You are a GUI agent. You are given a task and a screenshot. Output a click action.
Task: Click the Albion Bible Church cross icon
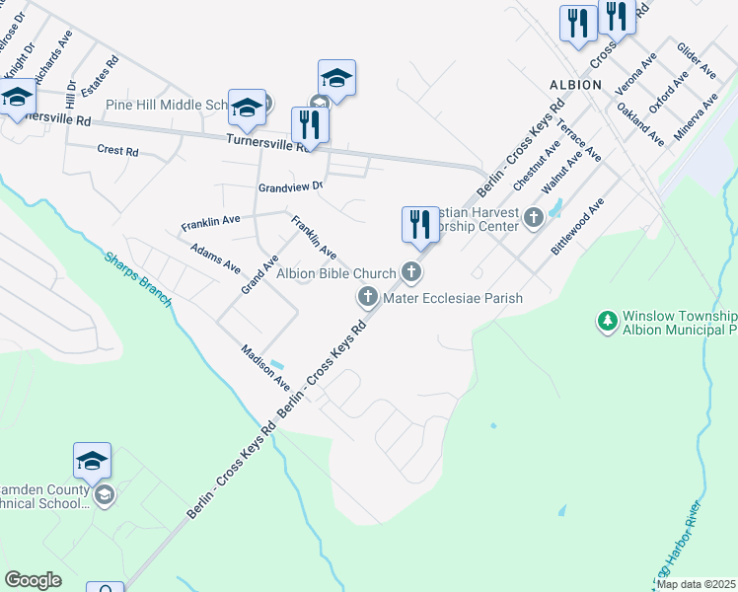click(412, 272)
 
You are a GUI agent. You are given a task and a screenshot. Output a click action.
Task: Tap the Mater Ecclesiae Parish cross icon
click(368, 296)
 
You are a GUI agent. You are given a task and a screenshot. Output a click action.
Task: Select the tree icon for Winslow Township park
click(606, 321)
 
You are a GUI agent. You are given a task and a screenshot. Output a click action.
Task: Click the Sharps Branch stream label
click(138, 278)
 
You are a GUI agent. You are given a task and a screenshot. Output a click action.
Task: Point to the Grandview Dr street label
click(290, 186)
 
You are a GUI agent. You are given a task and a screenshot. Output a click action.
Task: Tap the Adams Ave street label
click(215, 259)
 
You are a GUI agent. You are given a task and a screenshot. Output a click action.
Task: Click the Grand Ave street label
click(260, 274)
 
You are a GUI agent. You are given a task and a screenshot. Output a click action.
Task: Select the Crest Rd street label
click(117, 151)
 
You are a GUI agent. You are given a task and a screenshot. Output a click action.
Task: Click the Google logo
click(33, 580)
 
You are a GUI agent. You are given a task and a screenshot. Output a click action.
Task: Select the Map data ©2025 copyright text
click(697, 584)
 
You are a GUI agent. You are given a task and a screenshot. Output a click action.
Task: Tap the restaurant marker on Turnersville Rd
click(310, 124)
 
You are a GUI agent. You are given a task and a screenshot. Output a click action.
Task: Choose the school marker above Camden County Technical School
click(92, 461)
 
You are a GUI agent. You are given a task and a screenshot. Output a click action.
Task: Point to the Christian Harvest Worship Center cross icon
click(534, 216)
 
